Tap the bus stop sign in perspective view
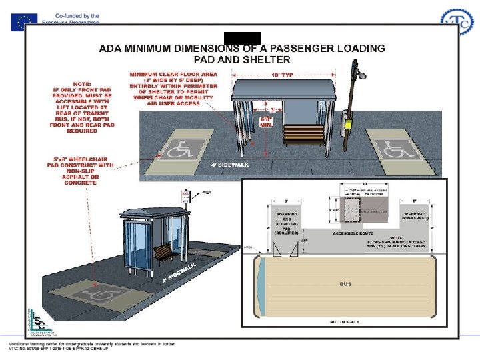click(x=186, y=196)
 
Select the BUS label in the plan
click(x=345, y=283)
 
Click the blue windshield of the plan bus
click(x=261, y=283)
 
